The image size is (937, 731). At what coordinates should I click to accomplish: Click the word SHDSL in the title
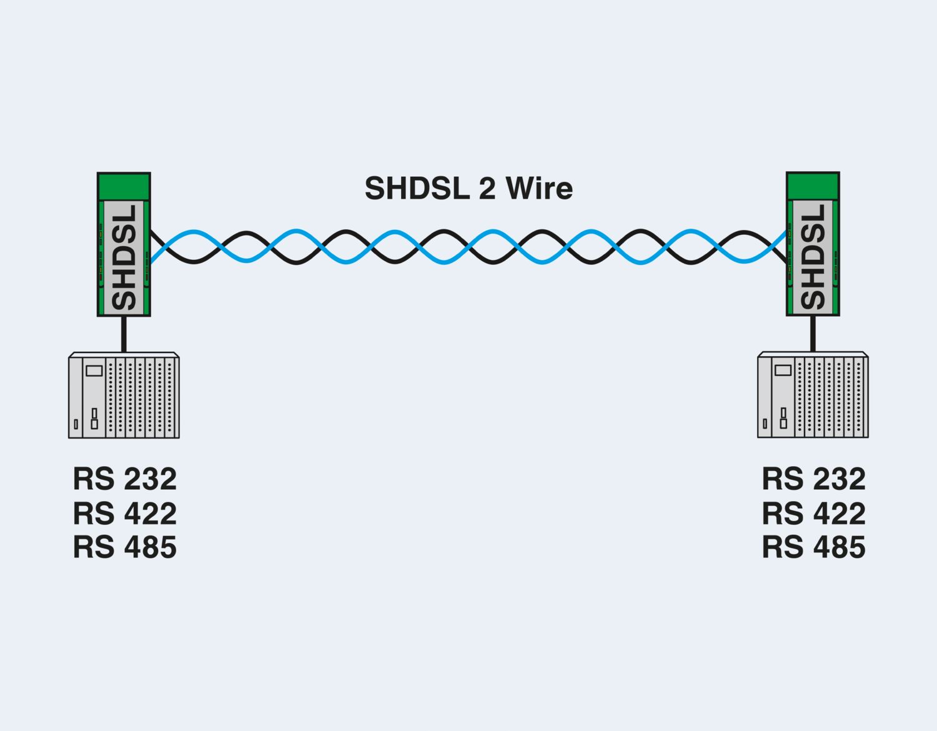(x=417, y=188)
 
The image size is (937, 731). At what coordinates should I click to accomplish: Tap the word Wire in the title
(x=539, y=188)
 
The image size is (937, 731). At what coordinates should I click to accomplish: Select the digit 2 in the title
(x=487, y=188)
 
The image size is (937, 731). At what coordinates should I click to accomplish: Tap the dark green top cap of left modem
(x=124, y=186)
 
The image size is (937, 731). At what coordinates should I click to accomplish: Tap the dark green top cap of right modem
(x=813, y=186)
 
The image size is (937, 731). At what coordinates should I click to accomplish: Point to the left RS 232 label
(x=125, y=479)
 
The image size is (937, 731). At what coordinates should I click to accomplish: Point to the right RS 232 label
(x=814, y=479)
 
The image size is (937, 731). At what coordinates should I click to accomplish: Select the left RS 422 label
(x=125, y=514)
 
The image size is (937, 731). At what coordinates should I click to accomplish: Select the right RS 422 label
(x=814, y=514)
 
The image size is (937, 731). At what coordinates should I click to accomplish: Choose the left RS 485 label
(x=125, y=547)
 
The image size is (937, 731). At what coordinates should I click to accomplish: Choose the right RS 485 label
(x=814, y=547)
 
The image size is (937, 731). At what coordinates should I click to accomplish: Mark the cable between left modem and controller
(x=124, y=334)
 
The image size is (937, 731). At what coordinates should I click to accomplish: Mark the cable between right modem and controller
(x=813, y=334)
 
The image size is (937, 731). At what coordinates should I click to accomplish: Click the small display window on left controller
(x=94, y=370)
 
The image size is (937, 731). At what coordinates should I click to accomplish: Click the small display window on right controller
(x=783, y=370)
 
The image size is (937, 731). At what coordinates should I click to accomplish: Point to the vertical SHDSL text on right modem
(x=813, y=257)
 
